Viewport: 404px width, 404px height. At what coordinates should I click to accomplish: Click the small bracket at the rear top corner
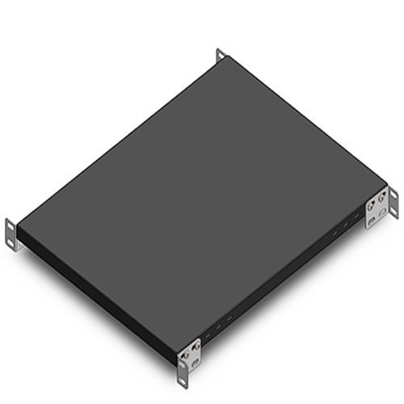[220, 55]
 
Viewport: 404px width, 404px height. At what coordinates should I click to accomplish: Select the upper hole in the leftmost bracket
[10, 225]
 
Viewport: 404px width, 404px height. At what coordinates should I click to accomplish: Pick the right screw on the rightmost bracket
[381, 198]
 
